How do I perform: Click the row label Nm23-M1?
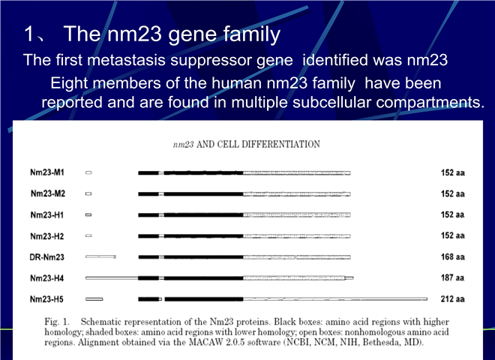pyautogui.click(x=47, y=172)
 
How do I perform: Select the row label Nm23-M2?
pyautogui.click(x=48, y=193)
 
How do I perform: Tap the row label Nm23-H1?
pyautogui.click(x=47, y=215)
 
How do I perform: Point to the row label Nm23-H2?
pyautogui.click(x=47, y=236)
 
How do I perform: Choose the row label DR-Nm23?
pyautogui.click(x=46, y=257)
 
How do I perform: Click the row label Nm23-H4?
pyautogui.click(x=47, y=278)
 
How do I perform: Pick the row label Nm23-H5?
pyautogui.click(x=46, y=299)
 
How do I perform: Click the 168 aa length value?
pyautogui.click(x=453, y=256)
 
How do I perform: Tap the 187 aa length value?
pyautogui.click(x=453, y=278)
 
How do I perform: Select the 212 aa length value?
pyautogui.click(x=453, y=298)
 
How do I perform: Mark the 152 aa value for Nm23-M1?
pyautogui.click(x=453, y=172)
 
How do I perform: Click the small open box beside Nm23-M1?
pyautogui.click(x=88, y=172)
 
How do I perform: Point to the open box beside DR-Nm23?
pyautogui.click(x=100, y=257)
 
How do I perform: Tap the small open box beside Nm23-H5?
pyautogui.click(x=94, y=299)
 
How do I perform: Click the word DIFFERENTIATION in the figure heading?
pyautogui.click(x=280, y=144)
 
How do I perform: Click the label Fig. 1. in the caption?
pyautogui.click(x=57, y=322)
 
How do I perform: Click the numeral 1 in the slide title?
pyautogui.click(x=28, y=34)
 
